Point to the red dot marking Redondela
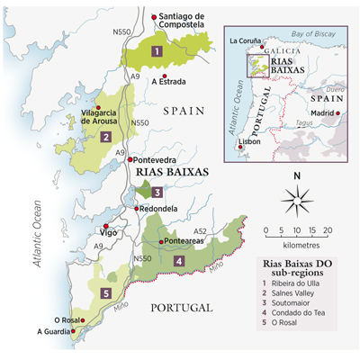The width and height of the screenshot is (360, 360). tap(133, 210)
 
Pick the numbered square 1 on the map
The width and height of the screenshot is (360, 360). tap(157, 51)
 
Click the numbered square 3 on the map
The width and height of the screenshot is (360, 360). tap(157, 192)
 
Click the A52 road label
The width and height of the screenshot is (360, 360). tap(201, 231)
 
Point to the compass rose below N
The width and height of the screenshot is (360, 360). tap(297, 197)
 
